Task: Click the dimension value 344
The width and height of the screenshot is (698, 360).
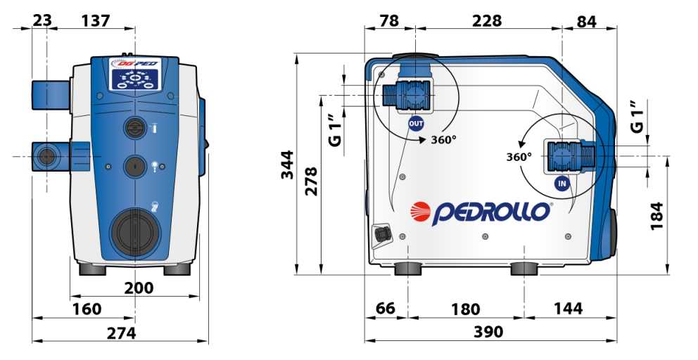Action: point(288,165)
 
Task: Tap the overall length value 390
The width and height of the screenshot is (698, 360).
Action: point(489,331)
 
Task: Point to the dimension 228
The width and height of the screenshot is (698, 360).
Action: point(486,20)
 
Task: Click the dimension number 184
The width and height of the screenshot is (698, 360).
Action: point(657,216)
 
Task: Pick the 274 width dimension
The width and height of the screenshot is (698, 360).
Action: point(122,333)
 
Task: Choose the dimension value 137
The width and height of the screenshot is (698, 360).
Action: point(96,20)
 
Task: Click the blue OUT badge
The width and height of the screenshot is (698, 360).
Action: point(416,123)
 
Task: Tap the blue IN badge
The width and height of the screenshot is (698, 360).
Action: point(562,184)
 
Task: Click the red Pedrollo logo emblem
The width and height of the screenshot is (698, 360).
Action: point(420,212)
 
